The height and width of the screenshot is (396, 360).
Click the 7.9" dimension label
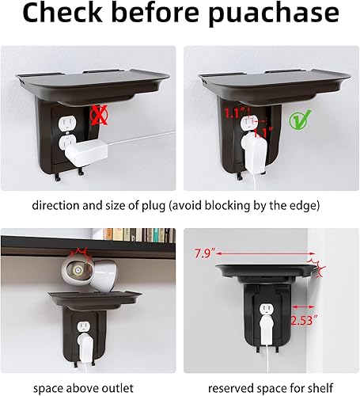[204, 255]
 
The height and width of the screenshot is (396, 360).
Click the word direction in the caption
[57, 205]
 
